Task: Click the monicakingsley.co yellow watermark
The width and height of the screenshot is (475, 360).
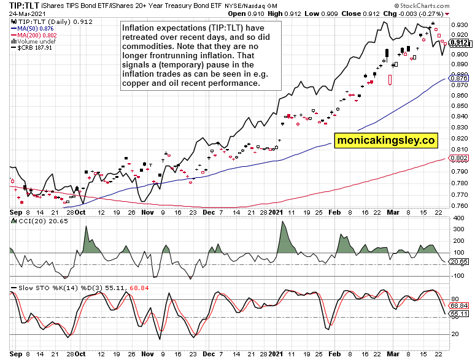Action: [385, 140]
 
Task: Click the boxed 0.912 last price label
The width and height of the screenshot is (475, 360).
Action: [460, 43]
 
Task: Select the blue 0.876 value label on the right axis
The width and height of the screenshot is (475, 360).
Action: [460, 78]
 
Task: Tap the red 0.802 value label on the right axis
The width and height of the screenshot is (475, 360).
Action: [460, 158]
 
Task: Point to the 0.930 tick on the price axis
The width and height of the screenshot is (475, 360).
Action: [459, 25]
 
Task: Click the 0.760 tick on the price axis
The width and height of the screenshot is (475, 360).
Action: [459, 205]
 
